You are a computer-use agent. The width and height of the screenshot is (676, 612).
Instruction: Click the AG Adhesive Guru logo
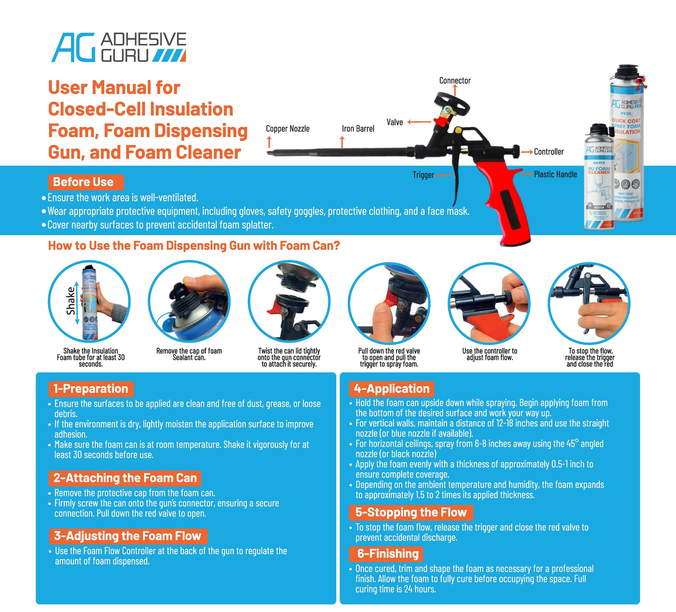click(119, 47)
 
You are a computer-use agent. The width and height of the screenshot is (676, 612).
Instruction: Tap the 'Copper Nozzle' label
click(287, 128)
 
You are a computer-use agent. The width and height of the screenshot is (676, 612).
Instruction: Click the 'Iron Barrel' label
click(358, 128)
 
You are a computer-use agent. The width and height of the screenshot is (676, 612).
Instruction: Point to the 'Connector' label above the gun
click(454, 81)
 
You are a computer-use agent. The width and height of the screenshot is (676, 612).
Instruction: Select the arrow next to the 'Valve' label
click(419, 122)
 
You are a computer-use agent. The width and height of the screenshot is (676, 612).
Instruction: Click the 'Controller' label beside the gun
click(549, 152)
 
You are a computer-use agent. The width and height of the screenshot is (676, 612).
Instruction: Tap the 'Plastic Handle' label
click(555, 174)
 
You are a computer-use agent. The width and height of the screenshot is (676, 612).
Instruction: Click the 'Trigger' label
click(423, 175)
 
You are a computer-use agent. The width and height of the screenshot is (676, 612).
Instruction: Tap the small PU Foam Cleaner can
click(599, 179)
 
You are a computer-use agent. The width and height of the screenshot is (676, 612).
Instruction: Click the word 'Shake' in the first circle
click(71, 301)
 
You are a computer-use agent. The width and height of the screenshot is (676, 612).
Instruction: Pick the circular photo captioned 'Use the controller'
click(489, 303)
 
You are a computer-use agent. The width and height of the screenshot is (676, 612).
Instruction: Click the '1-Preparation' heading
click(91, 389)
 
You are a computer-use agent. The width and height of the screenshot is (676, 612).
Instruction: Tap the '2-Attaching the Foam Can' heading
click(125, 478)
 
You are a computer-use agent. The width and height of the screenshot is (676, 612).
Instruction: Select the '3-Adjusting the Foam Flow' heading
click(128, 536)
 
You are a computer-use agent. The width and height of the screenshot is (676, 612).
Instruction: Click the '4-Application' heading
click(391, 389)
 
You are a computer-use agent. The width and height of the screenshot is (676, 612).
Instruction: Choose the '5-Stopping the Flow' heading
click(411, 512)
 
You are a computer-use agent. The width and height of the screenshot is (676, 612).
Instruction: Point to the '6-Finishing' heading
click(387, 554)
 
